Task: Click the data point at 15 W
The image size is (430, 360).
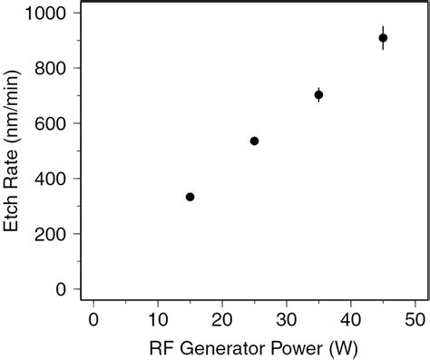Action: [190, 197]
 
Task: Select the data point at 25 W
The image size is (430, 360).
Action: [254, 141]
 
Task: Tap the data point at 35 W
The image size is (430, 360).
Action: [318, 94]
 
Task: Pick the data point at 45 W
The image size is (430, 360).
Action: [383, 38]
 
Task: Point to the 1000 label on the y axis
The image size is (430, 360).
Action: [45, 14]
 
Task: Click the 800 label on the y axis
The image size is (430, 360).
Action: [52, 69]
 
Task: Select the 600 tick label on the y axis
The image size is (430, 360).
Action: [52, 123]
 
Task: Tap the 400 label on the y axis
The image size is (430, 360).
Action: [52, 179]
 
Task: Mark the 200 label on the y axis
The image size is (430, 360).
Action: [52, 234]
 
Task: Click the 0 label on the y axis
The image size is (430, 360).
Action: [62, 289]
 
